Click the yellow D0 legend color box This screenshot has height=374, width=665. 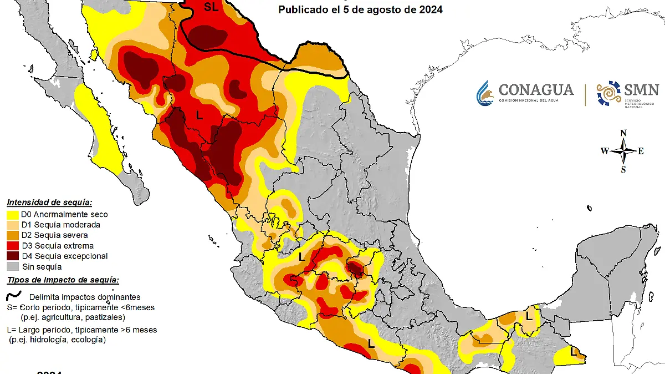pos(13,214)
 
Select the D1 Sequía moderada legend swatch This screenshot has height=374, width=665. pos(13,225)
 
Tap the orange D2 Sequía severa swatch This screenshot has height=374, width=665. pos(13,235)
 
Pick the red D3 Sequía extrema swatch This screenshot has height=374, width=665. pos(13,246)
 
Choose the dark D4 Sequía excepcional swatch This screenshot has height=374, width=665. pos(13,256)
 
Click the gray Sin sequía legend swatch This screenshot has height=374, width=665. pos(13,267)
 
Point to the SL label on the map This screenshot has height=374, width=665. pos(211,7)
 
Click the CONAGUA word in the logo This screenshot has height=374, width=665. pos(536,89)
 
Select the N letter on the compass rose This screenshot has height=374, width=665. pos(623,133)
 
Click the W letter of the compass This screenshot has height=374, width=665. pos(605,151)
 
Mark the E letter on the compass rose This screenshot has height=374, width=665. pos(641,151)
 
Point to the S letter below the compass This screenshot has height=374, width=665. pos(623,170)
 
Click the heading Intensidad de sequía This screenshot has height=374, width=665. pos(49,203)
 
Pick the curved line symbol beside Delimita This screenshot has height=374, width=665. pos(13,296)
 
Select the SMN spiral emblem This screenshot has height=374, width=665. pos(608,93)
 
